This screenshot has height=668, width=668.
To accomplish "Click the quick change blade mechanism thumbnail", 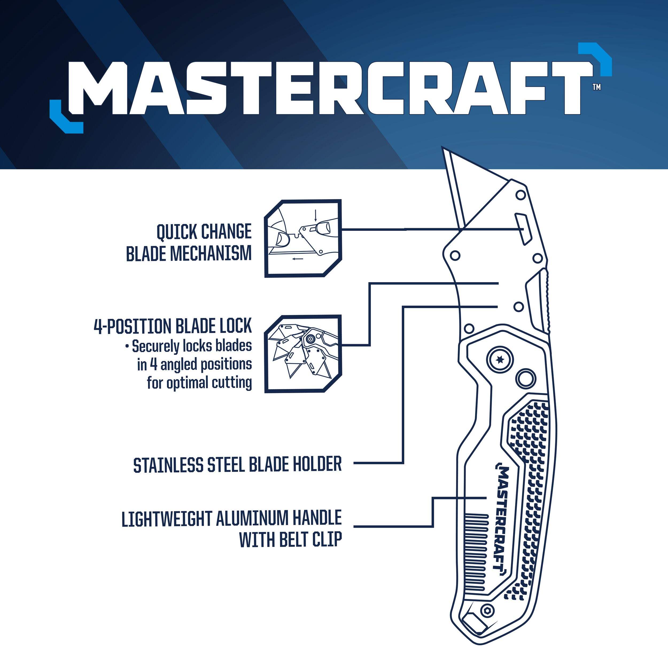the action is tap(303, 238).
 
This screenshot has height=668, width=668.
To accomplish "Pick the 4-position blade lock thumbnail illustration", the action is tap(303, 354).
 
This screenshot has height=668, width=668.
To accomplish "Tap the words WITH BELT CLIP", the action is tap(290, 539).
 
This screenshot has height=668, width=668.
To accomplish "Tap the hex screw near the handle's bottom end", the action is tap(488, 611).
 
